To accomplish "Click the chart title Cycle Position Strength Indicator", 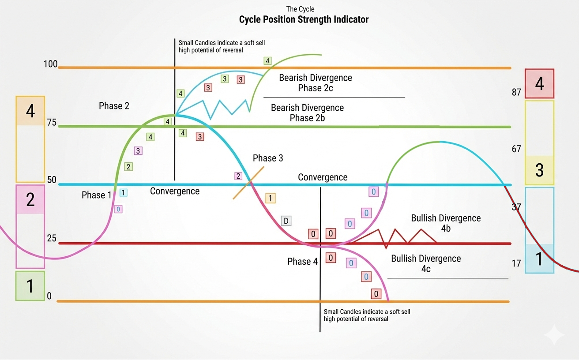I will click(304, 19).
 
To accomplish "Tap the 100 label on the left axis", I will click(51, 64).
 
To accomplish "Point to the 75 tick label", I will click(52, 123).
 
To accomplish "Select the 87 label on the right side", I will click(516, 93).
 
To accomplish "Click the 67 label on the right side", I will click(516, 149).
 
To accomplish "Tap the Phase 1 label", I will click(97, 195).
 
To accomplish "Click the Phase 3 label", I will click(268, 158).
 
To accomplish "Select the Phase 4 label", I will click(302, 262).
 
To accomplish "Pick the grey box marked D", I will click(286, 221).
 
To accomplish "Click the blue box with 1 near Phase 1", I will click(124, 192).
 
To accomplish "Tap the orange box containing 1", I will click(270, 198).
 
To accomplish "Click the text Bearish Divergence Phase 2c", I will click(316, 83).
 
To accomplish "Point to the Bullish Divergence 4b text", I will click(446, 223).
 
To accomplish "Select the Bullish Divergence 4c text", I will click(426, 264).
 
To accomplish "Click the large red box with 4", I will click(539, 83).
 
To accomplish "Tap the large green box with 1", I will click(30, 286).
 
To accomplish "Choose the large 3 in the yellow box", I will click(539, 170).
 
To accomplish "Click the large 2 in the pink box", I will click(30, 199).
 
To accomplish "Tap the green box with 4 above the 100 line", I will click(267, 60).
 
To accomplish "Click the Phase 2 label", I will click(114, 106).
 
